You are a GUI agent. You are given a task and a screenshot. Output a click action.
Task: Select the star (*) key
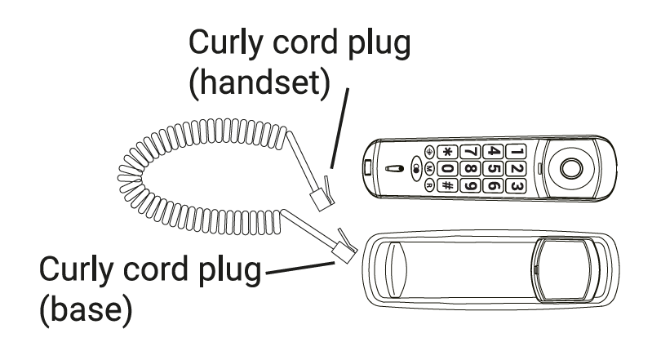(x=447, y=151)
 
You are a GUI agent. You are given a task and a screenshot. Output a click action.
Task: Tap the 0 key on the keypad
(x=447, y=169)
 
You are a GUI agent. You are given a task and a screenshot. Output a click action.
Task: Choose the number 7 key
(x=471, y=151)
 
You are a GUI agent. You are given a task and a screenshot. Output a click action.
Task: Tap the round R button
(x=429, y=184)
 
